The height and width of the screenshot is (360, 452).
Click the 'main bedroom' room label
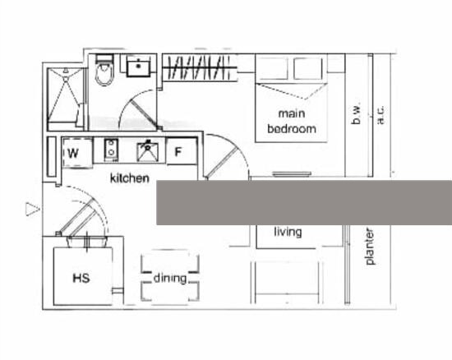point(292,121)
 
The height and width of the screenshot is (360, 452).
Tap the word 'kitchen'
point(130,178)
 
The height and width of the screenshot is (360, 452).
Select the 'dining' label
point(170,279)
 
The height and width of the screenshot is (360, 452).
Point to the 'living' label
point(288,232)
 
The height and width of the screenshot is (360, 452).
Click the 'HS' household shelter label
point(81,278)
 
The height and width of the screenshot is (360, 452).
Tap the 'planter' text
point(370,247)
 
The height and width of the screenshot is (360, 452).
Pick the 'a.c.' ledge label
point(381,115)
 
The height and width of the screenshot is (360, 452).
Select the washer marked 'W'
point(78,153)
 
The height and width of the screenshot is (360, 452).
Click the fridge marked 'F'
point(182,151)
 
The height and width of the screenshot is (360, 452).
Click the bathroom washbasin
point(139,66)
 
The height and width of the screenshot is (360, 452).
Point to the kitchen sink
point(148,151)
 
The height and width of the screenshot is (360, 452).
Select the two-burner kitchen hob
point(111,150)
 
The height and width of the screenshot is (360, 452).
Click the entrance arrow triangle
point(32,209)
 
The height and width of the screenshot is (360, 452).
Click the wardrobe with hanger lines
point(200,67)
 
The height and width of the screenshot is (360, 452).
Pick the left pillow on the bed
point(272,69)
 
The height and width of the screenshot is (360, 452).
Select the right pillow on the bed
point(308,69)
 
